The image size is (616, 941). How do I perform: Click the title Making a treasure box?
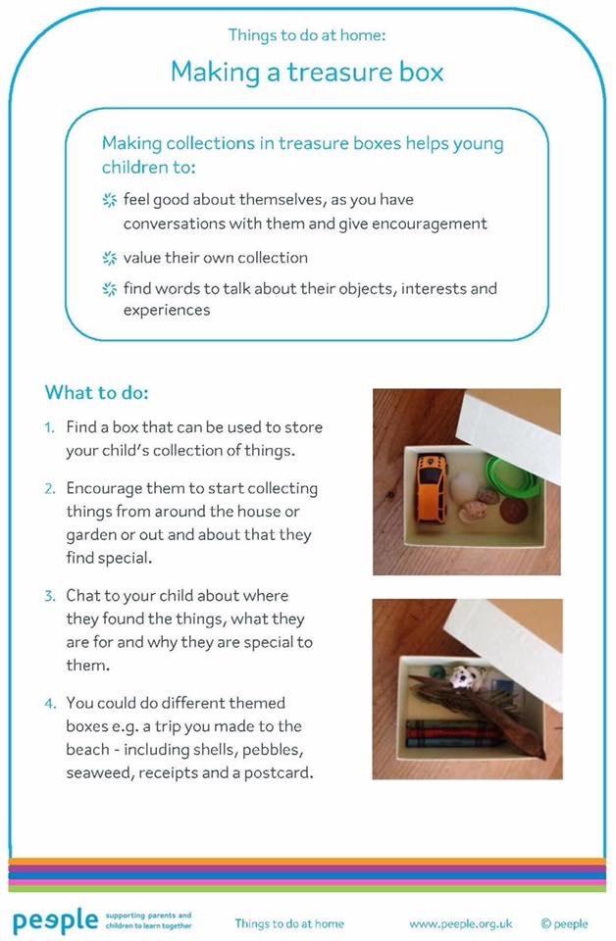coord(307,72)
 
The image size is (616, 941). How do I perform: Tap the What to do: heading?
coord(96,393)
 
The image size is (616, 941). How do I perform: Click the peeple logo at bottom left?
coord(55,921)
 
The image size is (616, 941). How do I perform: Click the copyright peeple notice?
coord(564,922)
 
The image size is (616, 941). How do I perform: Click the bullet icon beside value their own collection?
coord(109,259)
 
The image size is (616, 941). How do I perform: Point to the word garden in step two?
coord(93,535)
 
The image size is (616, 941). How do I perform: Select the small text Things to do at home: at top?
coord(307,35)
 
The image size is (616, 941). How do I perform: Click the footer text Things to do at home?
coord(289,922)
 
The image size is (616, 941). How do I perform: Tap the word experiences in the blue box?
coord(167,310)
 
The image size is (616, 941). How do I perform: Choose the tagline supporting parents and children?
coord(148,920)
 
